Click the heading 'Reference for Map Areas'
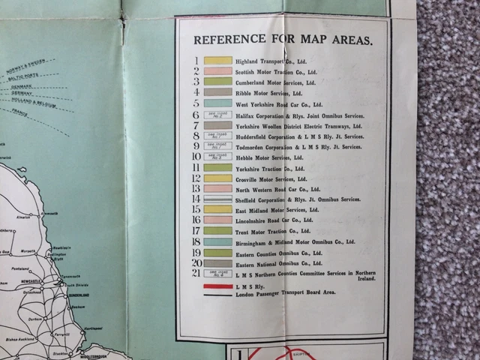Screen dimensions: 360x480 (x=281, y=40)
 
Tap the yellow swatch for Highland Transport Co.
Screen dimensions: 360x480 (x=217, y=61)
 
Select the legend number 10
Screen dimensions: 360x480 (x=196, y=157)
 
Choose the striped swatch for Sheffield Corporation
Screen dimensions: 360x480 (x=217, y=199)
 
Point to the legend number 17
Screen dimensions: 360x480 (x=196, y=231)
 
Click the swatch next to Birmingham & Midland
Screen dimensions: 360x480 (x=217, y=241)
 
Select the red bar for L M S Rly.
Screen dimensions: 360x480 (x=217, y=287)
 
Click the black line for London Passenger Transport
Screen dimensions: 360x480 (x=217, y=295)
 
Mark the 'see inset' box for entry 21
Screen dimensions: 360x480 (x=217, y=274)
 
